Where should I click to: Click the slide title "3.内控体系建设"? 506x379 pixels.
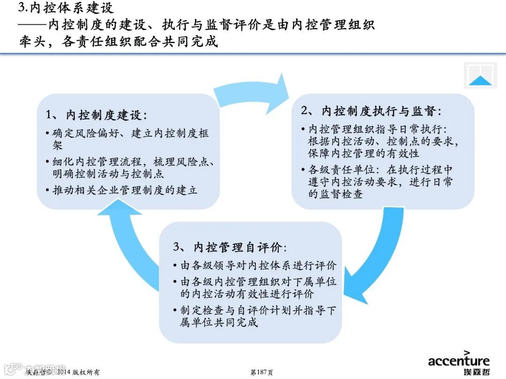click(66, 8)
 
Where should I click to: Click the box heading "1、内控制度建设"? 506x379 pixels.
click(97, 115)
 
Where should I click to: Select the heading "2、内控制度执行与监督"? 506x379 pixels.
click(371, 111)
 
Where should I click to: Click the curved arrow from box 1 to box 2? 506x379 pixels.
click(253, 94)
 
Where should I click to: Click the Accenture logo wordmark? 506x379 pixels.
click(459, 361)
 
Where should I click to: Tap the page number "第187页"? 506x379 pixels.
click(261, 372)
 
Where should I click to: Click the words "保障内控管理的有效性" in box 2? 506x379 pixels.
click(364, 153)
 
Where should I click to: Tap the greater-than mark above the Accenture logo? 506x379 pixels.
click(467, 352)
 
